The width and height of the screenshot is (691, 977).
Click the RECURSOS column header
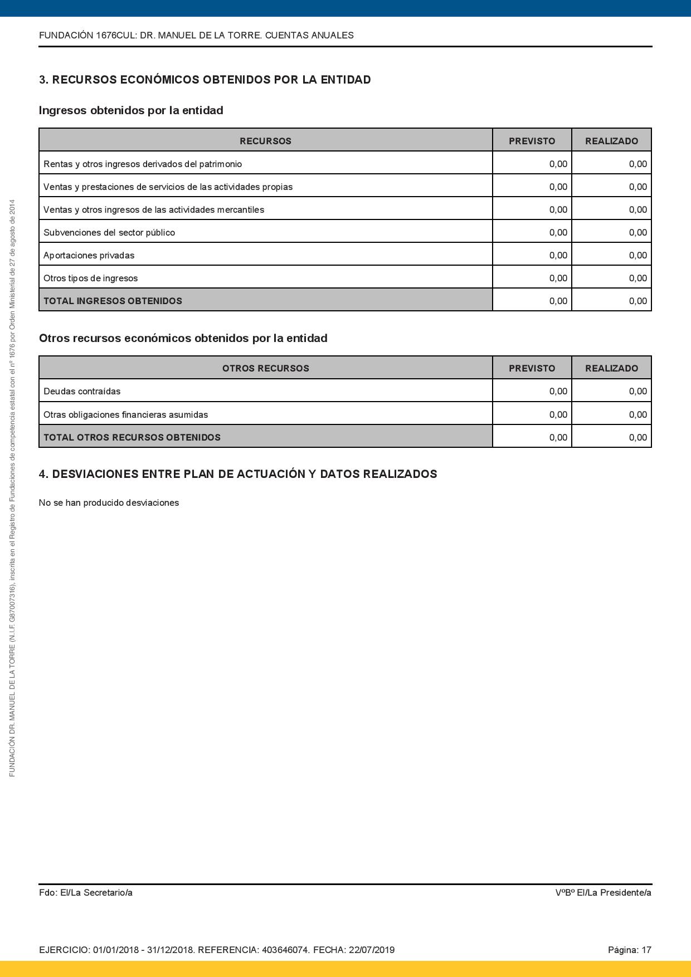tap(265, 141)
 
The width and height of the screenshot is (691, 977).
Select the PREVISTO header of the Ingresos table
tap(532, 141)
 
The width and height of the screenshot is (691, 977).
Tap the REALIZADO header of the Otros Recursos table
tap(611, 368)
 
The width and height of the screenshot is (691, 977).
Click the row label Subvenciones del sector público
tap(109, 232)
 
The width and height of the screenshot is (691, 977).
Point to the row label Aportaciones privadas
tap(89, 255)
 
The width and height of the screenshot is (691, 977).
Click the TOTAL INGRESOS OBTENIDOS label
tap(113, 301)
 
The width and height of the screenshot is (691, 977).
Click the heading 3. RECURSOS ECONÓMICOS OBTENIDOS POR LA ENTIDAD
tap(205, 80)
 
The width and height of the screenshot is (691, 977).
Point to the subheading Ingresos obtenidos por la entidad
tap(131, 110)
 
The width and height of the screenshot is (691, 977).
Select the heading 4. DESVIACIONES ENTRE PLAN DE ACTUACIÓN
tap(238, 474)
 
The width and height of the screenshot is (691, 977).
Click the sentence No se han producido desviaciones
tap(109, 502)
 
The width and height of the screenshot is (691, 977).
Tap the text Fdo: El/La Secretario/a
tap(86, 892)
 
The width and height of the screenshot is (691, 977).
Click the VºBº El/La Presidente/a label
tap(603, 892)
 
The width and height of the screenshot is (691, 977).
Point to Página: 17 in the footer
tap(629, 950)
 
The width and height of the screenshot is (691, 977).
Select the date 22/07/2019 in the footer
tap(372, 950)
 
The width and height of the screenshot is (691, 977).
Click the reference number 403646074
tap(285, 950)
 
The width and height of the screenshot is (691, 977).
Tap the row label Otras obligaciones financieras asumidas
tap(126, 414)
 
